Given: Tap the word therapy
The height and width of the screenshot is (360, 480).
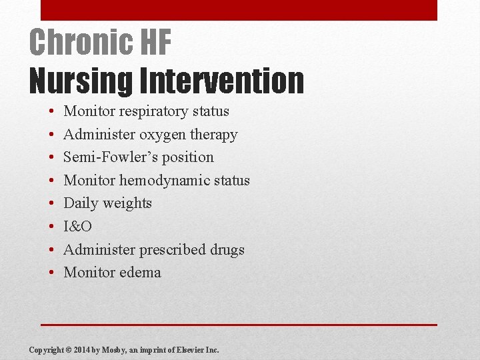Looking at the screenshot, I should [x=213, y=135].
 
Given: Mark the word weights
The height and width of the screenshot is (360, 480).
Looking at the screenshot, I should [x=127, y=203].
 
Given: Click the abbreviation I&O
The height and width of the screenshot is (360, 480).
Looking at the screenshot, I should [x=77, y=227].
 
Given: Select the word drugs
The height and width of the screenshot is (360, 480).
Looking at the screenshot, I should [x=227, y=250].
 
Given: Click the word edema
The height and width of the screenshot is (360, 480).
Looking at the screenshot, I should [x=140, y=273].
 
